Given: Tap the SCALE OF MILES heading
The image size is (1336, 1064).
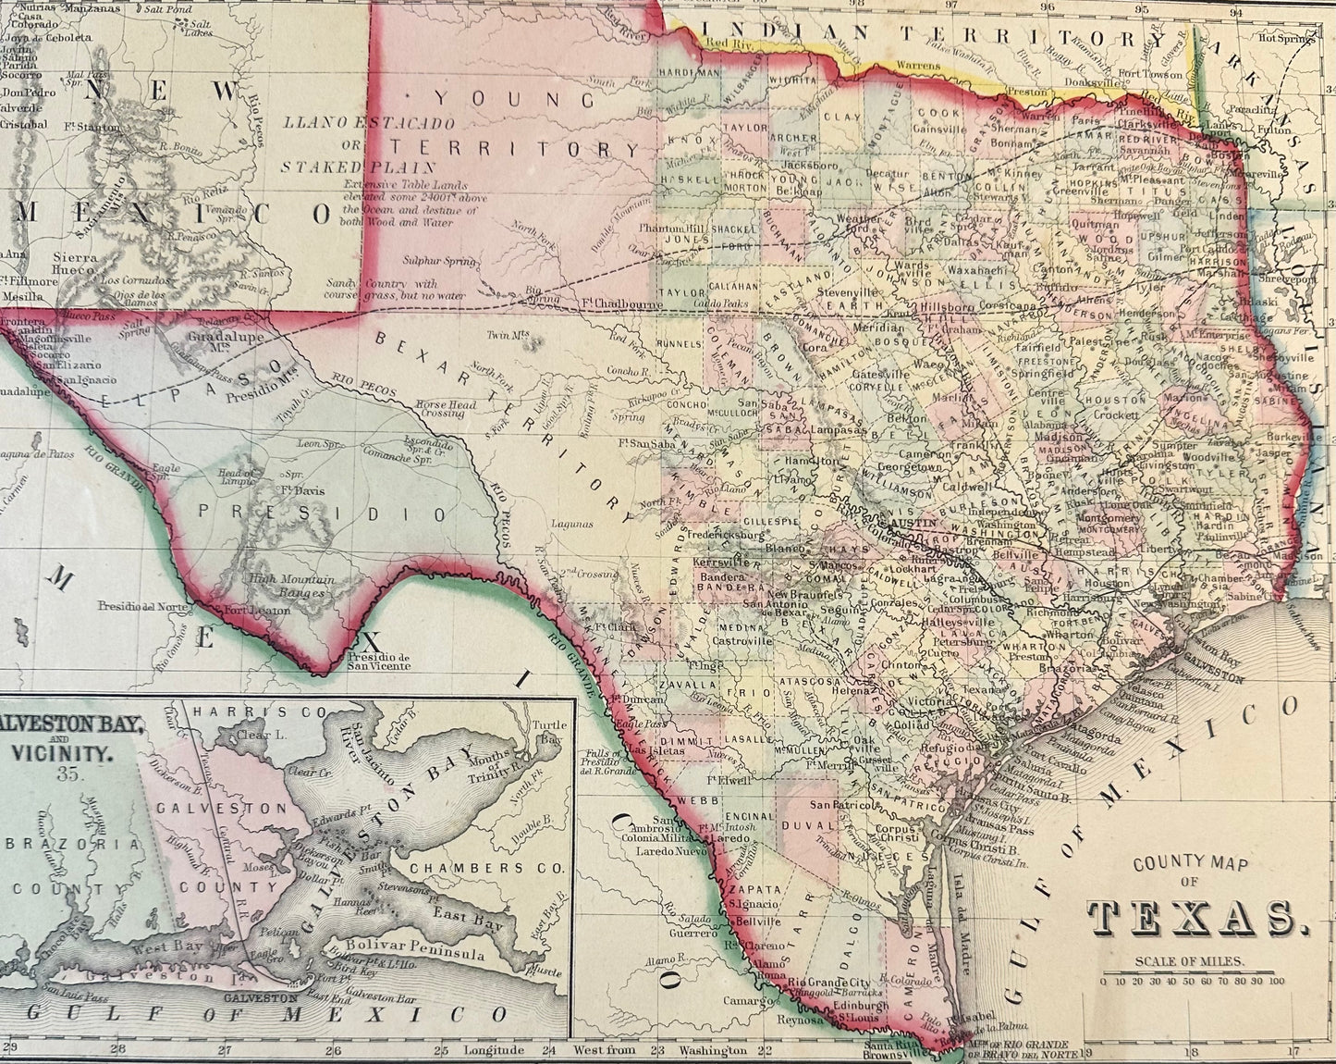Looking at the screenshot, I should [x=1190, y=961].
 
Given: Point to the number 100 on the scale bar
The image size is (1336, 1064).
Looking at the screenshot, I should [x=1276, y=982].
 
